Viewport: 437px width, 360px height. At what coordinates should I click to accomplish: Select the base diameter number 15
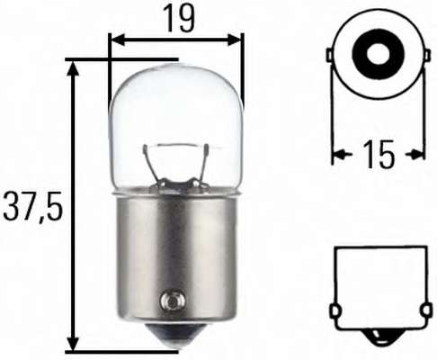point(379,155)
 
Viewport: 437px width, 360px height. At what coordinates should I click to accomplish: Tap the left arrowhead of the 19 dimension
point(114,40)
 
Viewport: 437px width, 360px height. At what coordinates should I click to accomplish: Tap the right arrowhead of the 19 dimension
point(237,40)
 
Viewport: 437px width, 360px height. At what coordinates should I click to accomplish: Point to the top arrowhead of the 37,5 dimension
point(71,66)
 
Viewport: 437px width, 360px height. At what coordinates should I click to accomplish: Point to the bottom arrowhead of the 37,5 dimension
point(71,346)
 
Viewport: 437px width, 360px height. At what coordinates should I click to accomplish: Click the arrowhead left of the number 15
point(338,155)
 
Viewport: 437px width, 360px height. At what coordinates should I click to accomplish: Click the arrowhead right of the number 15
point(418,155)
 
